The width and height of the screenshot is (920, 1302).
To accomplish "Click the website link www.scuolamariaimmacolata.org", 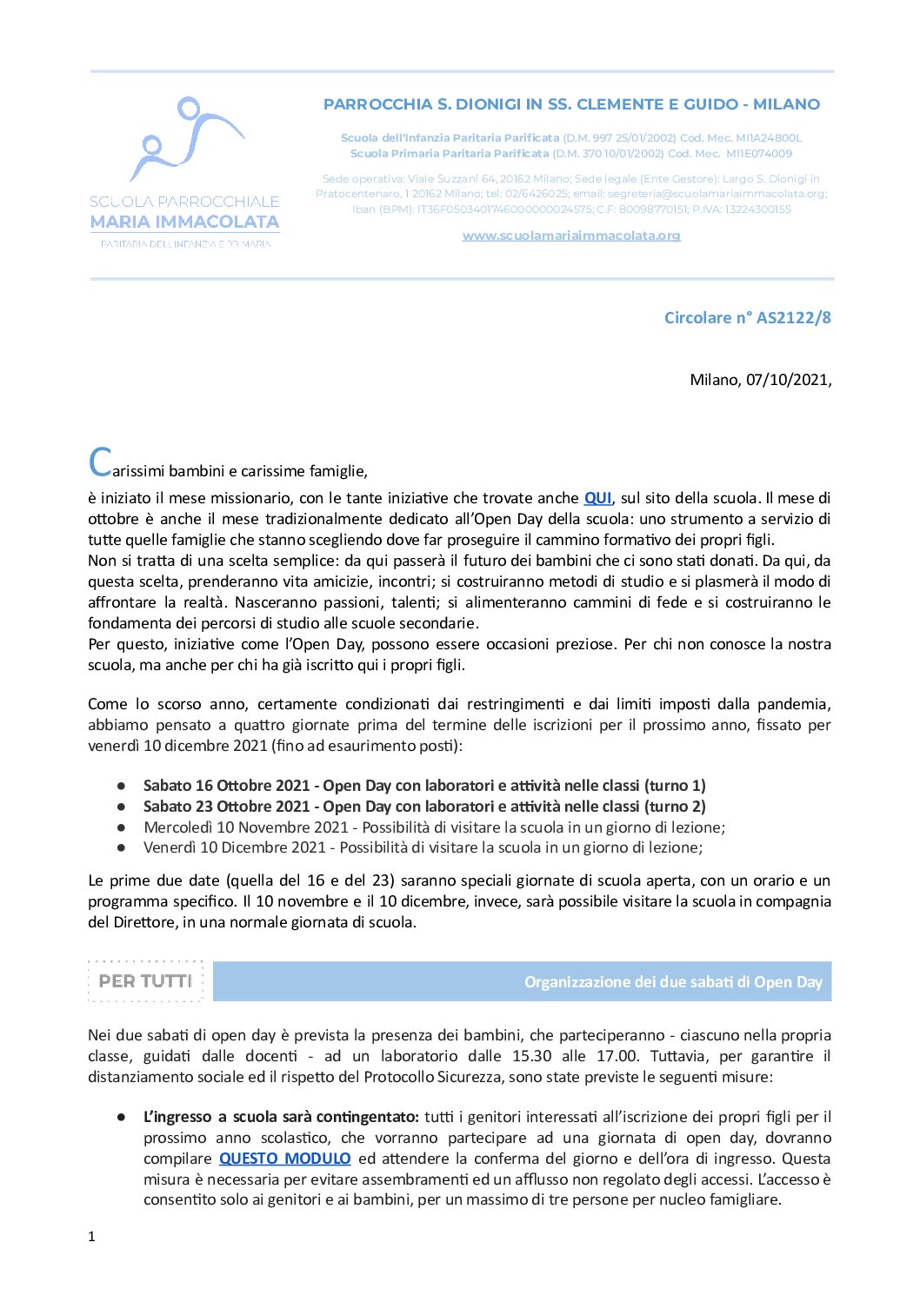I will [571, 236].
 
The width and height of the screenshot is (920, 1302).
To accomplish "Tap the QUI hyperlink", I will [597, 498].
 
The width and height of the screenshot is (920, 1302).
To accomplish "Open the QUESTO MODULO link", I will [285, 1159].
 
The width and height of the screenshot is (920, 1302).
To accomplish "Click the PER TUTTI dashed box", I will [145, 981].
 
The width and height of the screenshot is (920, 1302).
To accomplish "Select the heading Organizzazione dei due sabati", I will [672, 982].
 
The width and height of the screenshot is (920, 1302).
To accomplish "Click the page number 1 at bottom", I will [91, 1237].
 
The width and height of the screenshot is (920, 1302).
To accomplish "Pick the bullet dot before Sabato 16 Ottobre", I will [122, 786].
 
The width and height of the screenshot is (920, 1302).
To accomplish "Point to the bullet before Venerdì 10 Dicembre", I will [122, 847].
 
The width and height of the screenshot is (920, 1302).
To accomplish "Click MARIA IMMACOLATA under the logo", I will [184, 223].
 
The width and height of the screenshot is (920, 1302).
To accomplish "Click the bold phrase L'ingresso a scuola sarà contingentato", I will [281, 1117].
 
